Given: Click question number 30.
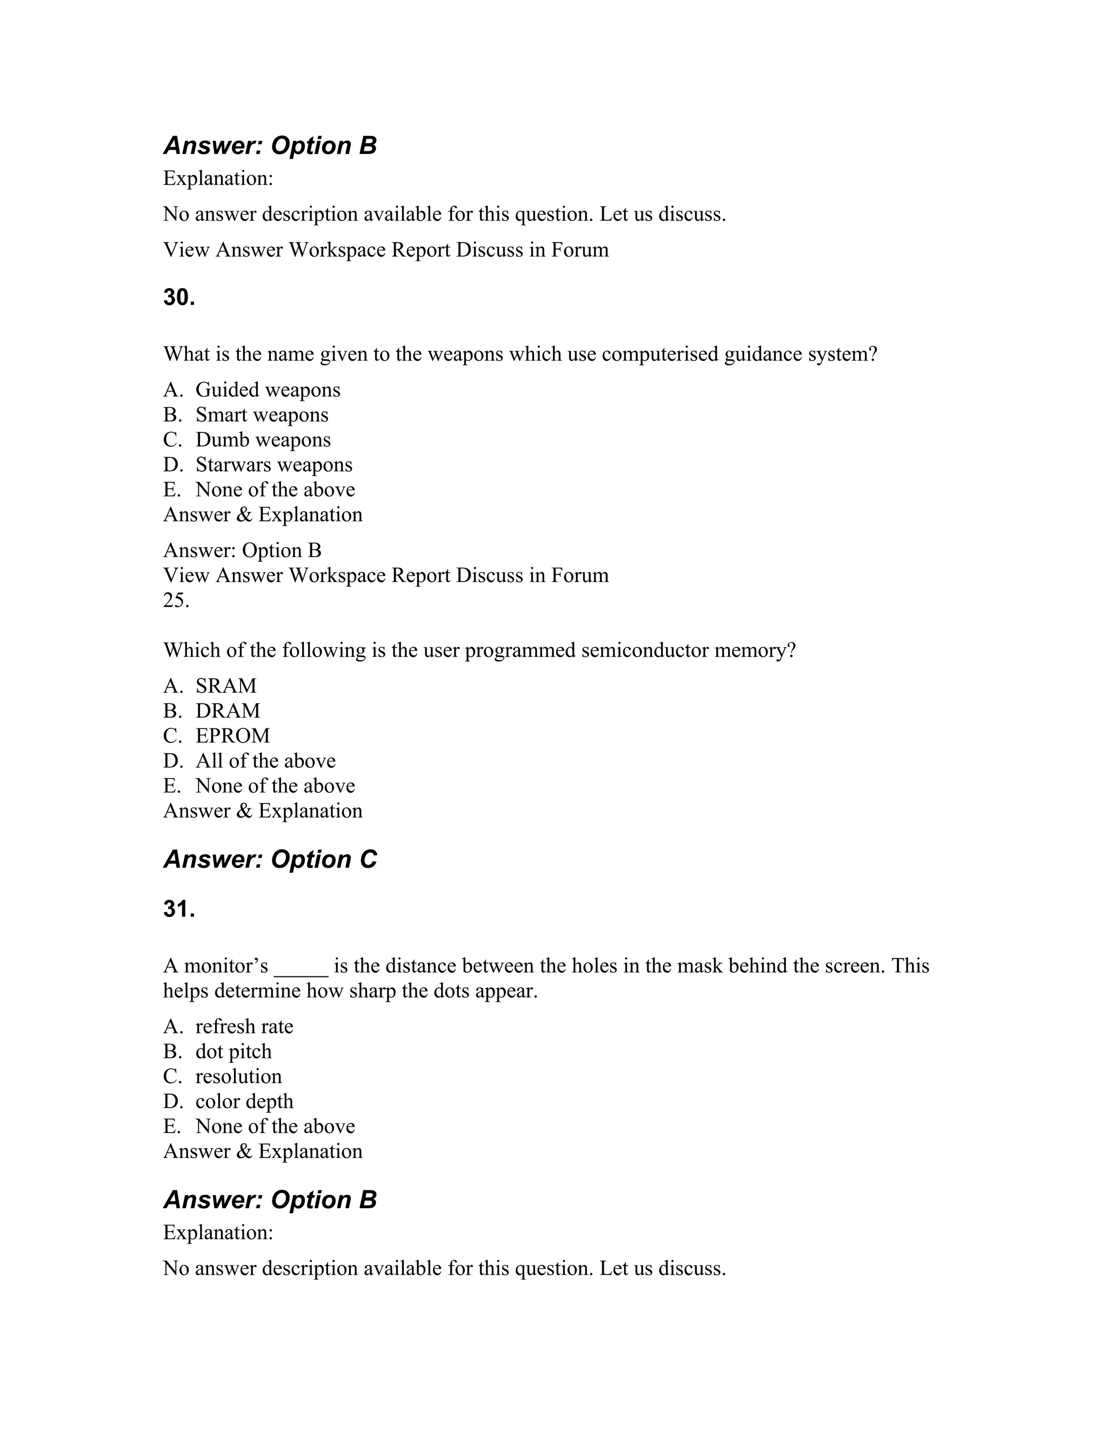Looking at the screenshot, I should pyautogui.click(x=179, y=298).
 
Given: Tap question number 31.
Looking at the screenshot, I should pyautogui.click(x=179, y=909).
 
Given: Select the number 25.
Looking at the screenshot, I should pyautogui.click(x=176, y=600).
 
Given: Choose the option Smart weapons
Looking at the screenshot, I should pyautogui.click(x=261, y=415).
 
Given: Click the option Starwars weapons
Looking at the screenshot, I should pyautogui.click(x=274, y=465).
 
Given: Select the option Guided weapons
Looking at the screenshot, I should pyautogui.click(x=268, y=390).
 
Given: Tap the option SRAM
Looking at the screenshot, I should pyautogui.click(x=225, y=686).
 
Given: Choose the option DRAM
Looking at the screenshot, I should pyautogui.click(x=228, y=711).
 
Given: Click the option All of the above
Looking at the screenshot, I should pyautogui.click(x=265, y=761).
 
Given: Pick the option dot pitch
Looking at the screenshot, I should pyautogui.click(x=233, y=1052).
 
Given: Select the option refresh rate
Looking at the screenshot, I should pyautogui.click(x=244, y=1027).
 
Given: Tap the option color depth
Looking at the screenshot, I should pyautogui.click(x=244, y=1101).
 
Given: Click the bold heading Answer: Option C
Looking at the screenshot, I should pyautogui.click(x=270, y=860).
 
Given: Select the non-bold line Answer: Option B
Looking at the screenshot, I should pyautogui.click(x=242, y=551).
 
